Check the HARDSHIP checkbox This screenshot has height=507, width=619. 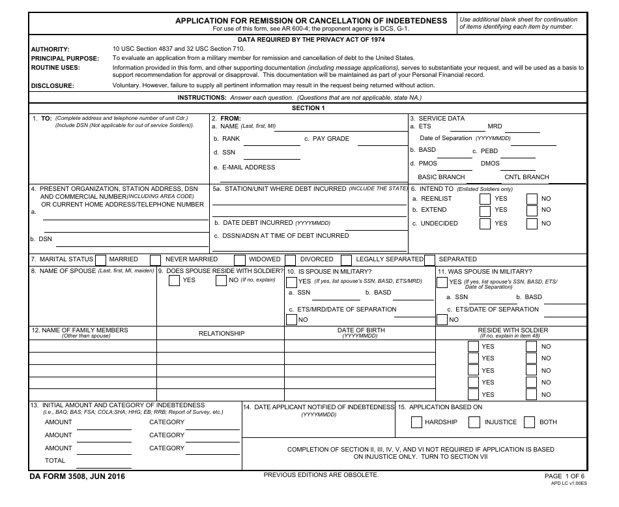click(417, 422)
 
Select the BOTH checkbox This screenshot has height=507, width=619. click(530, 422)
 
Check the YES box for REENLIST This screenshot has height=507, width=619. click(485, 199)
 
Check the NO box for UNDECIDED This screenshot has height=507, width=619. click(532, 224)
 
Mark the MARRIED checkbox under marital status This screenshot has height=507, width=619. click(101, 259)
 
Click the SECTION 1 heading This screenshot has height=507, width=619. click(308, 108)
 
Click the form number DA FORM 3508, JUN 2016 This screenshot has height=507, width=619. click(78, 476)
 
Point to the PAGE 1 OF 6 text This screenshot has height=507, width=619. click(564, 476)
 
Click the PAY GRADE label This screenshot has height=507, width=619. click(331, 139)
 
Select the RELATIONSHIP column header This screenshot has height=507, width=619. click(222, 334)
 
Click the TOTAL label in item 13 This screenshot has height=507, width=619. click(55, 461)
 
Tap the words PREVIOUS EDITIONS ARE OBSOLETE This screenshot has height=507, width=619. click(321, 475)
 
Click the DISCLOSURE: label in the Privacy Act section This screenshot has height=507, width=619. click(53, 85)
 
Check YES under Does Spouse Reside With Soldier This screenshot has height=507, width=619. click(175, 281)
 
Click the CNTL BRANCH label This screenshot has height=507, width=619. click(526, 177)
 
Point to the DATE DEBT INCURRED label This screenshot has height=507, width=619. click(258, 223)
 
